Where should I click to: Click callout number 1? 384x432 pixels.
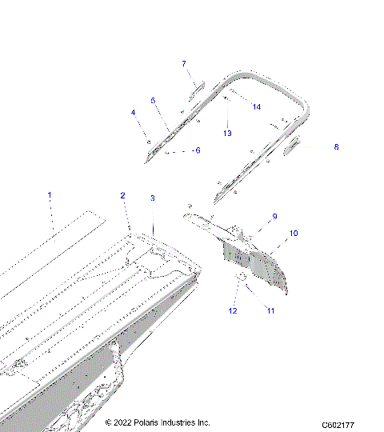tap(50, 194)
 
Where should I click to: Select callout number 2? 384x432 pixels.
tap(122, 196)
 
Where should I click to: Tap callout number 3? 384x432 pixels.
tap(153, 198)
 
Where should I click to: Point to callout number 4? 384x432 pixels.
tap(134, 113)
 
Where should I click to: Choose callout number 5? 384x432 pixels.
tap(152, 100)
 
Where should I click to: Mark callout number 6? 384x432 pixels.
tap(198, 150)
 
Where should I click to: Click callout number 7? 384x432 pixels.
tap(183, 63)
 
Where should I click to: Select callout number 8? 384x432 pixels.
tap(336, 147)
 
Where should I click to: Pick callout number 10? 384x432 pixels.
tap(294, 233)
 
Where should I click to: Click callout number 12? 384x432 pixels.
tap(234, 310)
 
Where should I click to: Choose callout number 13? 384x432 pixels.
tap(227, 133)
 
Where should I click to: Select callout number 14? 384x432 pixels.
tap(256, 106)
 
